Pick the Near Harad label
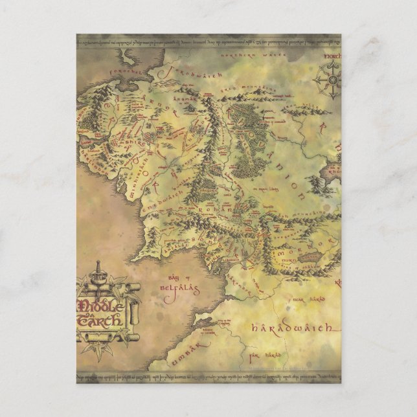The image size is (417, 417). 304,299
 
